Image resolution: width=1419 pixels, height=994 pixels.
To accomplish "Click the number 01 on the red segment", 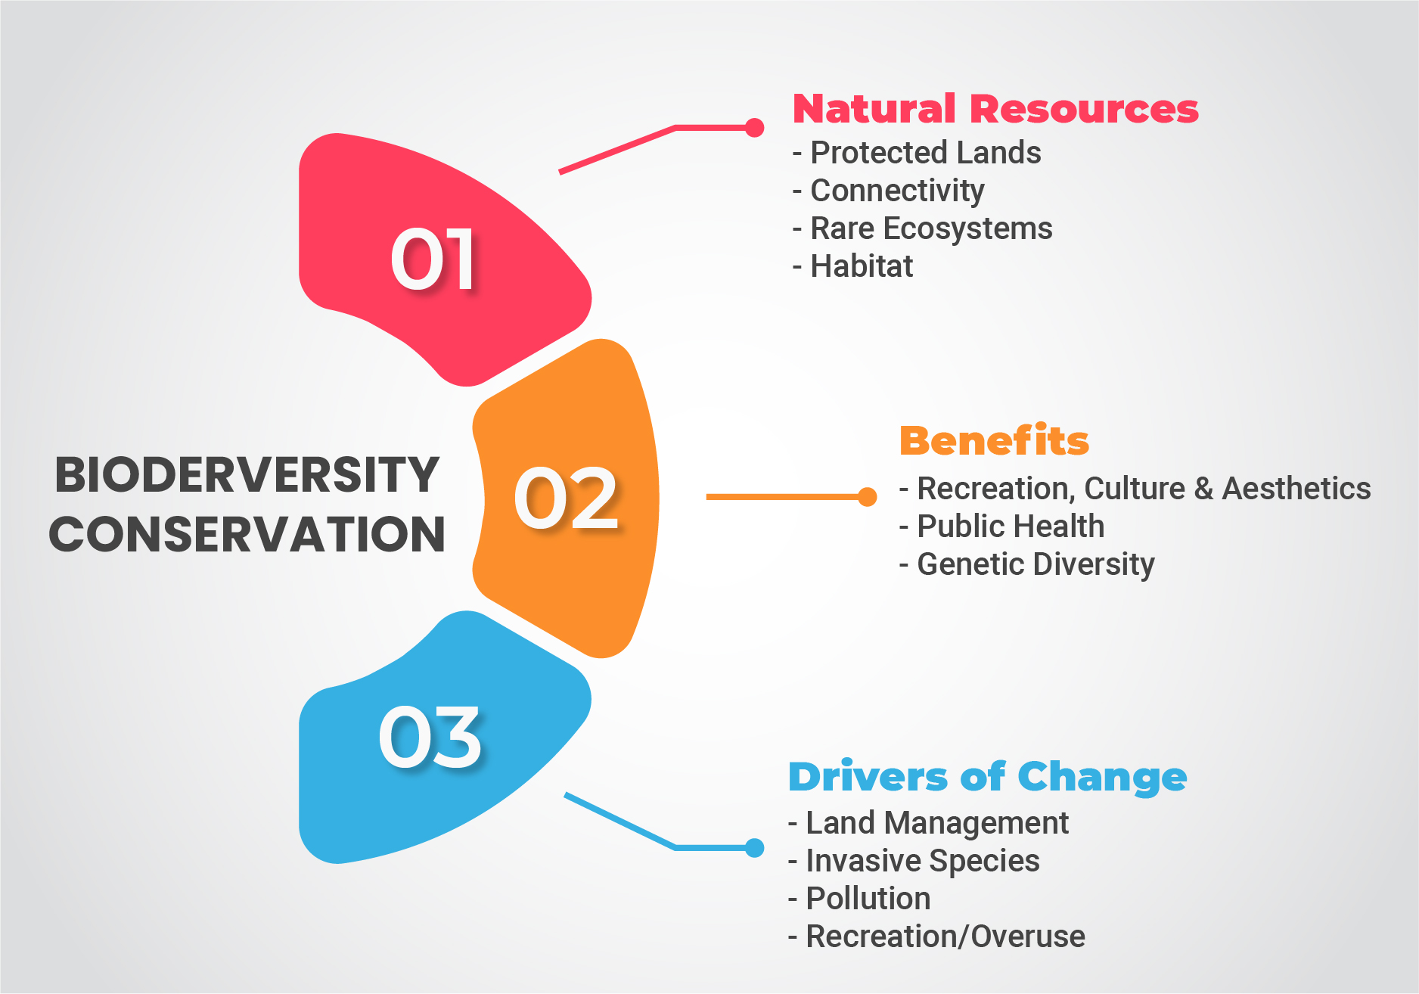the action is pos(433,259).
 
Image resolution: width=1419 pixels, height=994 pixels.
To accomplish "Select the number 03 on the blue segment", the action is pos(430,737).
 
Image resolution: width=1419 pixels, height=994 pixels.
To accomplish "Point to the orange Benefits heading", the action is pos(994,440).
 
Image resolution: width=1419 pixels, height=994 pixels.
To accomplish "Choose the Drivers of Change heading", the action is pos(987,778).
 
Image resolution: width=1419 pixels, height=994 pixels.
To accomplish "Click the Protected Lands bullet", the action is pos(917,153).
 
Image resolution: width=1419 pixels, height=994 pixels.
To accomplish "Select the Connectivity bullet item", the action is pos(889,191).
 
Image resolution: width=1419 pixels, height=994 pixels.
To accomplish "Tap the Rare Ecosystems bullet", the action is pos(922,228).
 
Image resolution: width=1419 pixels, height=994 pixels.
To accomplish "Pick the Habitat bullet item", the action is pos(852,266).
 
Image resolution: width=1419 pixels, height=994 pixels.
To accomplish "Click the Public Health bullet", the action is pos(1001,527).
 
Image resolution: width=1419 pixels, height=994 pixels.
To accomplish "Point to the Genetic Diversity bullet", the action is pos(1026,564).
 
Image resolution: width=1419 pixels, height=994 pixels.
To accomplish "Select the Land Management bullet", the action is pos(928,823).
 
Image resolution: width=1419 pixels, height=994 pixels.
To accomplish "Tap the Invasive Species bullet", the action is pos(914,861).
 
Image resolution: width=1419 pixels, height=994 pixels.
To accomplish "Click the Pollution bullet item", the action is pos(859,899).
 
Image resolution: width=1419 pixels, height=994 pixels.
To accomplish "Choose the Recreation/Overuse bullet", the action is pos(936,937).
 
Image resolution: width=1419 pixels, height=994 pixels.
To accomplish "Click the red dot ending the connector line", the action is pos(754,128).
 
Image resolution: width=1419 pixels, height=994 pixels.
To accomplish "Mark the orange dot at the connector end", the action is pos(868,497).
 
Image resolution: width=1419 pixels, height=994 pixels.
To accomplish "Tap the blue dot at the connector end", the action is pos(754,848).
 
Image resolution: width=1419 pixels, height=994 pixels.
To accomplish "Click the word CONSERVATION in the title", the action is pos(247,534).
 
